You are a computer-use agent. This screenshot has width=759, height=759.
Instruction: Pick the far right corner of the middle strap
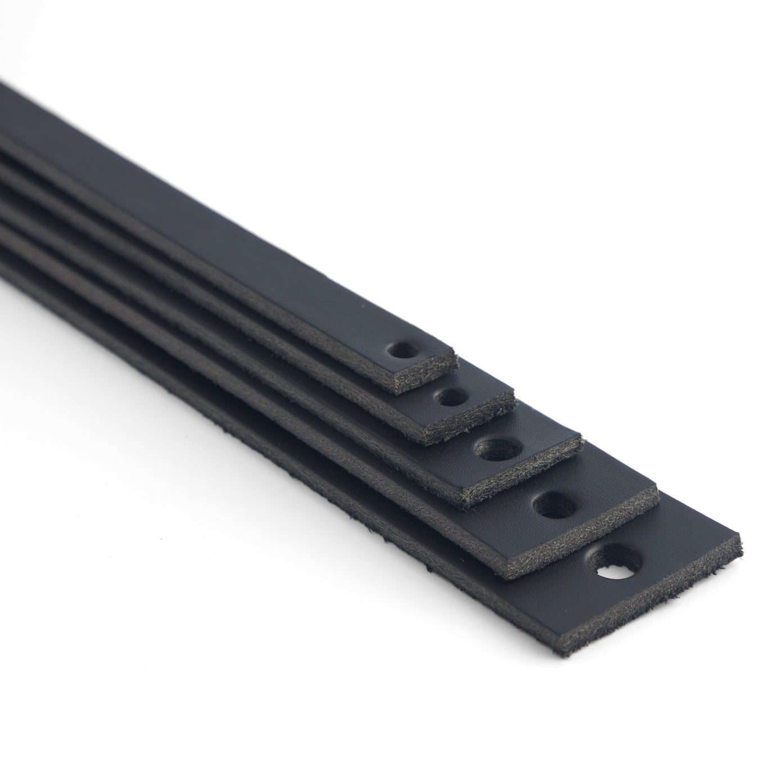tap(580, 435)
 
